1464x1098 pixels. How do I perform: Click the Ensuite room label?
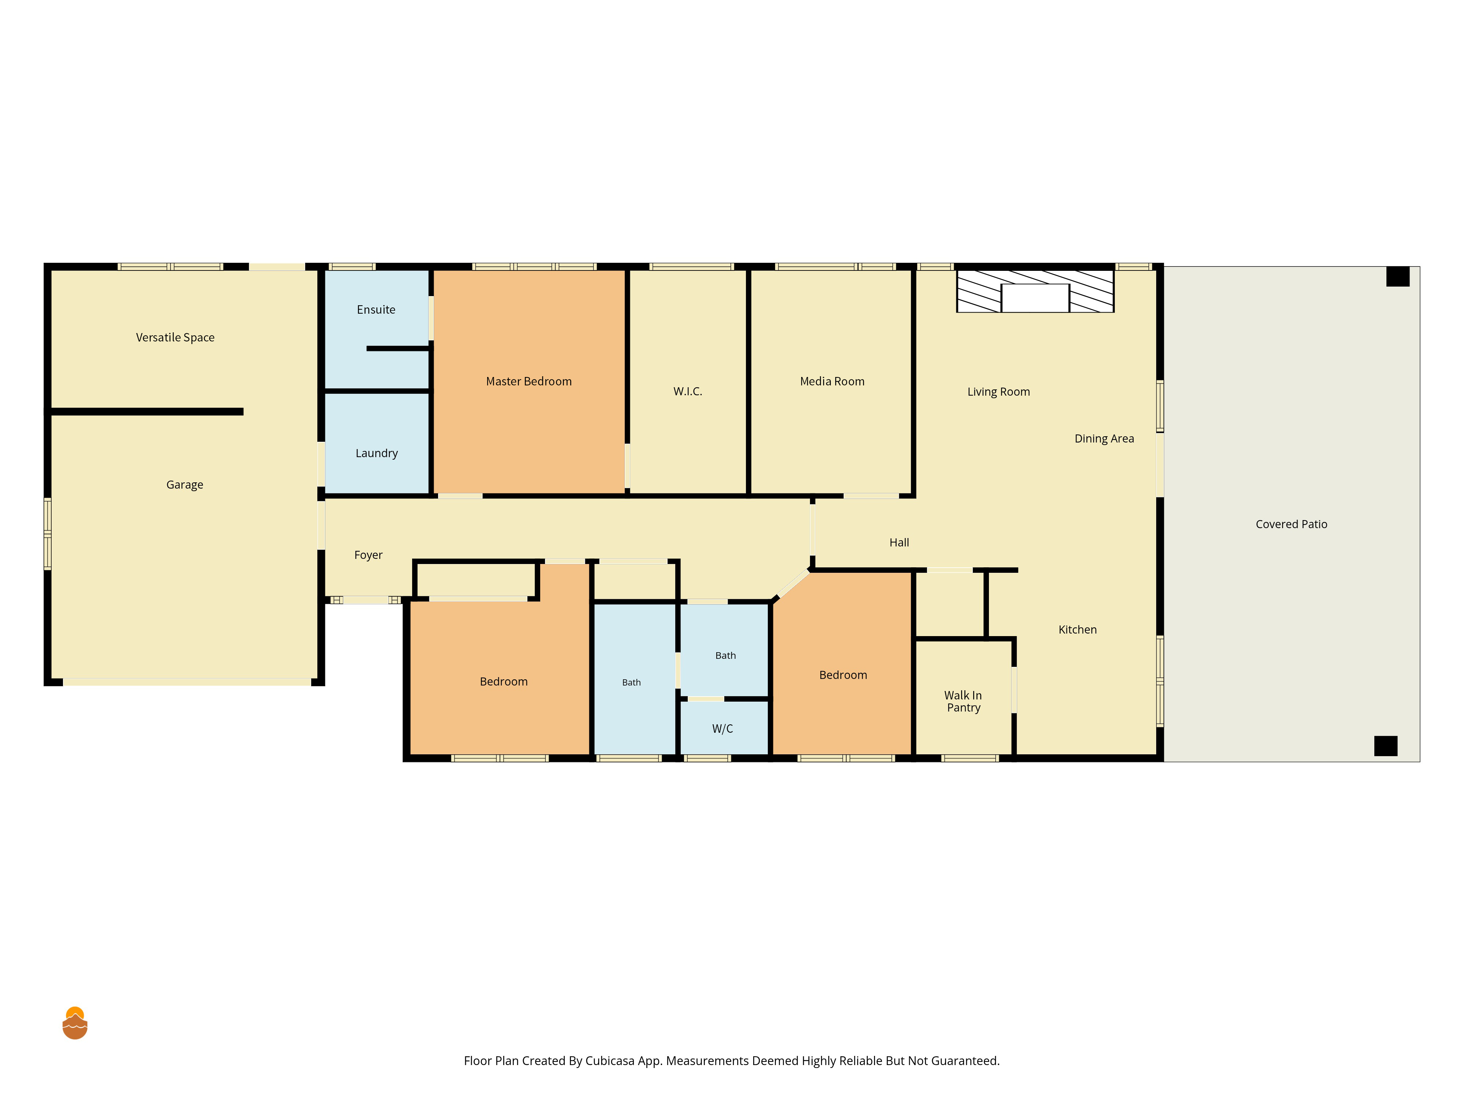pyautogui.click(x=376, y=310)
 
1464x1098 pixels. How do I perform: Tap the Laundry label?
pyautogui.click(x=377, y=453)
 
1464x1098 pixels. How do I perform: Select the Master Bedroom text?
pyautogui.click(x=529, y=381)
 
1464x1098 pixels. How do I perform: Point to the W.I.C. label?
pyautogui.click(x=688, y=391)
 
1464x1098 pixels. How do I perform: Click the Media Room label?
pyautogui.click(x=832, y=381)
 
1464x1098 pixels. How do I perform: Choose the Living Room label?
pyautogui.click(x=999, y=392)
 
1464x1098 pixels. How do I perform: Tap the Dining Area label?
pyautogui.click(x=1104, y=439)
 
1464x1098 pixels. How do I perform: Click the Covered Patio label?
pyautogui.click(x=1291, y=524)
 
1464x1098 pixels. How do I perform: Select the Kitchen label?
pyautogui.click(x=1078, y=630)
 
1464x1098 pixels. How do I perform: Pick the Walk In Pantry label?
pyautogui.click(x=963, y=702)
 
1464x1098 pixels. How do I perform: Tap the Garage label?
pyautogui.click(x=185, y=485)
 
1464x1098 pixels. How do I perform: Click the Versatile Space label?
pyautogui.click(x=175, y=337)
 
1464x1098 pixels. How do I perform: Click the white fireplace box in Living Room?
pyautogui.click(x=1035, y=298)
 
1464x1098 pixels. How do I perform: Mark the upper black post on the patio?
pyautogui.click(x=1398, y=277)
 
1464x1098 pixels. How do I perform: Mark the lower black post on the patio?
pyautogui.click(x=1386, y=746)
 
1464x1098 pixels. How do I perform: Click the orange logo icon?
pyautogui.click(x=75, y=1023)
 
